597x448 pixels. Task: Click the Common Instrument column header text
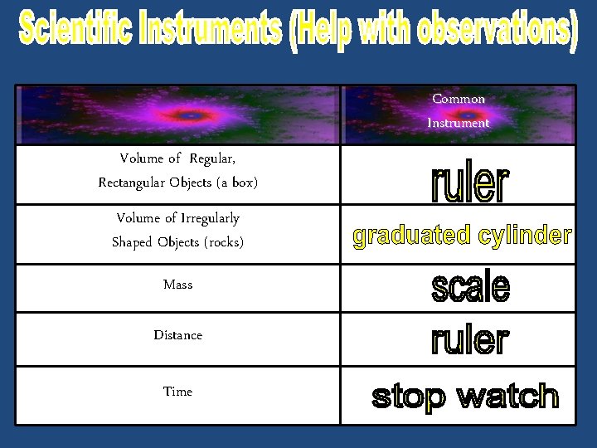[x=459, y=110]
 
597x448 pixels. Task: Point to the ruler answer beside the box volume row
[x=469, y=183]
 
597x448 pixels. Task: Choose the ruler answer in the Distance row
[x=469, y=339]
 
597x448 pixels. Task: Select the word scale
[x=470, y=287]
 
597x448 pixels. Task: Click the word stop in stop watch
[x=408, y=397]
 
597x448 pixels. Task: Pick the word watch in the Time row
[x=507, y=397]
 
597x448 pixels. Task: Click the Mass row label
[x=177, y=285]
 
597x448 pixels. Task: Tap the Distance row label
[x=177, y=335]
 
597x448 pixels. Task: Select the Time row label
[x=177, y=392]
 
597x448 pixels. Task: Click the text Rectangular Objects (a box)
[x=177, y=182]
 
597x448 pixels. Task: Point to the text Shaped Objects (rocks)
[x=177, y=242]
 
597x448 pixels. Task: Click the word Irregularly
[x=210, y=218]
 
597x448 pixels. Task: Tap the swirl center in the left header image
[x=190, y=115]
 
